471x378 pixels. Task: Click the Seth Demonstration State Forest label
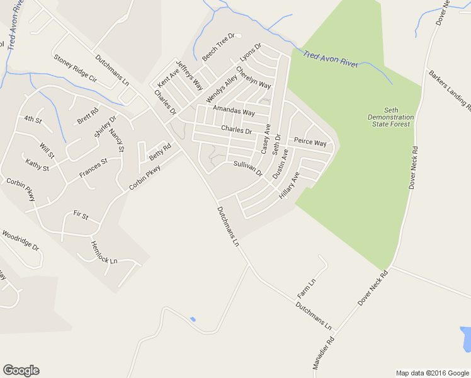click(390, 117)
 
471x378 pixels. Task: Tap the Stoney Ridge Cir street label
click(75, 69)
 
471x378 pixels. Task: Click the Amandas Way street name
click(234, 111)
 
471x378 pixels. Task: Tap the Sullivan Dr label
click(247, 168)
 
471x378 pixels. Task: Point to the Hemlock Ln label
click(104, 252)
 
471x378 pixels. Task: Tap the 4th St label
click(33, 119)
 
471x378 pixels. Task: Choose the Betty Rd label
click(160, 152)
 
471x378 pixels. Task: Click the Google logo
click(21, 370)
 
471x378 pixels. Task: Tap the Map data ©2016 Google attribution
click(432, 373)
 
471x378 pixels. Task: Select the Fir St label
click(81, 215)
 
